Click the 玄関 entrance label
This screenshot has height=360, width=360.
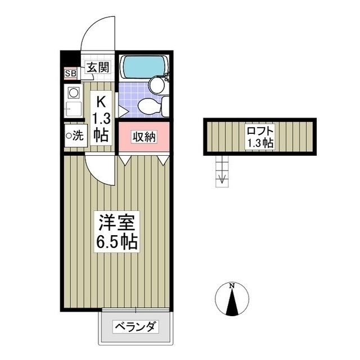coord(98,67)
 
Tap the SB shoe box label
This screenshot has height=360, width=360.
coord(71,73)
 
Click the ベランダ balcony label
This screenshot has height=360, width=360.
coord(136,327)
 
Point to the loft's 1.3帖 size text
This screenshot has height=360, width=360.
coord(260,143)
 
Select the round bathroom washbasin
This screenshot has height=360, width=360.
coord(156,85)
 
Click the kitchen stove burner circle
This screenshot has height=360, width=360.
coord(73,93)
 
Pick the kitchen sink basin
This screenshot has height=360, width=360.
coord(73,109)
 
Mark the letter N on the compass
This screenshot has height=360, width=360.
coord(231,287)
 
